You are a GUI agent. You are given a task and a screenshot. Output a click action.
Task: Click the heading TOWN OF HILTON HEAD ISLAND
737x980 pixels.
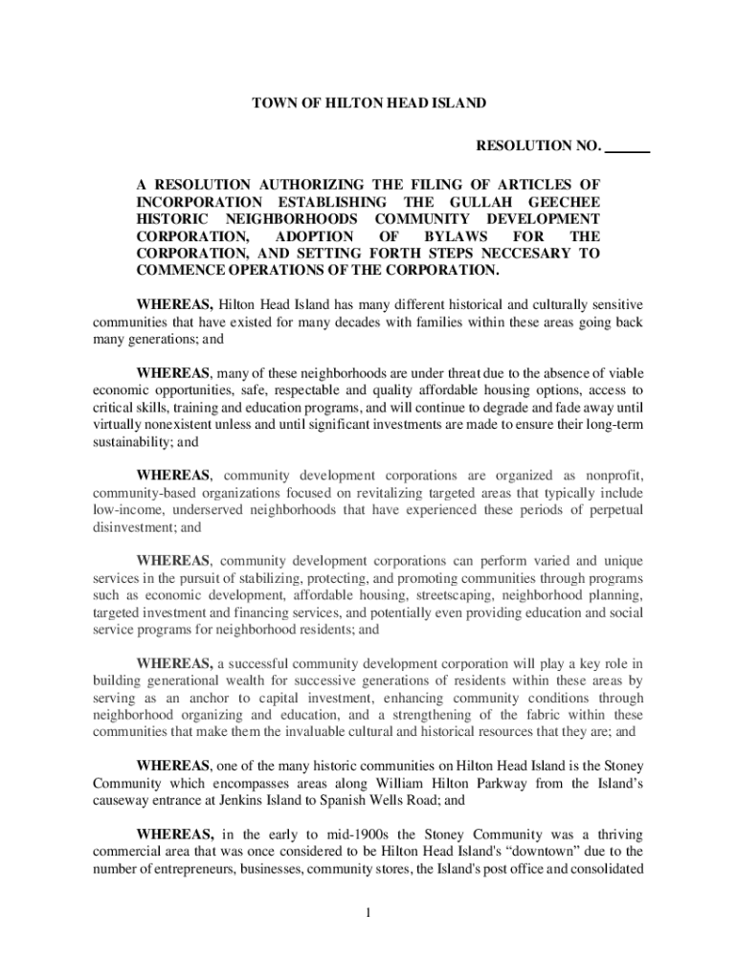(x=368, y=102)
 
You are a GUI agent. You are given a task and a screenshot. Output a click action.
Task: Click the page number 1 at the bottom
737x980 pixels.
(x=368, y=910)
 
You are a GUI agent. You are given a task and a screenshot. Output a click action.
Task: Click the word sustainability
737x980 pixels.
(x=129, y=443)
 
